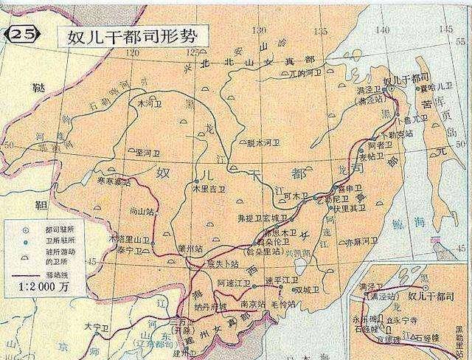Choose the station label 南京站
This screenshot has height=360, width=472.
tap(242, 302)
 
